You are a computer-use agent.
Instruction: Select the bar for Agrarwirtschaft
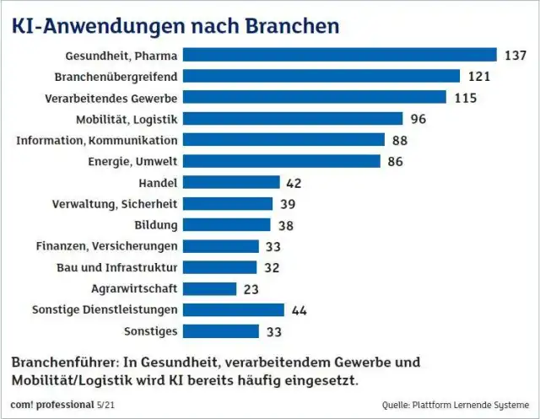point(209,288)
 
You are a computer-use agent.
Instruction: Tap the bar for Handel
point(230,182)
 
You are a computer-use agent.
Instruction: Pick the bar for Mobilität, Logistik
point(293,119)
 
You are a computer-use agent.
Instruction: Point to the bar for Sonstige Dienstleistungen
point(233,309)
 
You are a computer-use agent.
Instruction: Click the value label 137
point(515,56)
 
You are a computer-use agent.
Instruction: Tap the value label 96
point(418,119)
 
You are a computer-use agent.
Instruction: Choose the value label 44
point(299,309)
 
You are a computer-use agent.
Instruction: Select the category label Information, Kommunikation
point(97,140)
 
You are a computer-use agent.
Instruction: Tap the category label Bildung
point(156,225)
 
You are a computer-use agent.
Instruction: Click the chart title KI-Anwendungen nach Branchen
point(175,25)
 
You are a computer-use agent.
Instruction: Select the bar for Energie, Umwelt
point(281,161)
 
